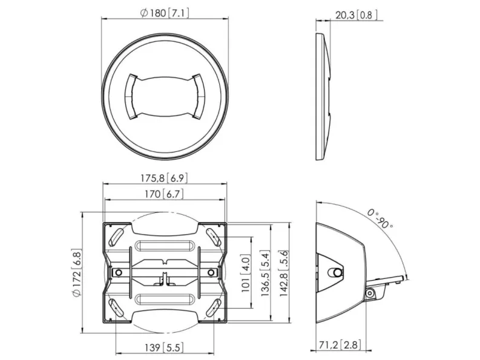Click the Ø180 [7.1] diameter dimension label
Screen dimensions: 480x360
click(x=165, y=13)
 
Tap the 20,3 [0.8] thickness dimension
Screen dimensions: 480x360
click(x=357, y=15)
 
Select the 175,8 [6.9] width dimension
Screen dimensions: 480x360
click(x=164, y=178)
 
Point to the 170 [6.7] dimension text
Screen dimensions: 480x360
click(x=165, y=194)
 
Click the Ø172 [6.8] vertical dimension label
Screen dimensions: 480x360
click(x=76, y=273)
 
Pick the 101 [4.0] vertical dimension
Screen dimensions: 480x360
click(x=246, y=273)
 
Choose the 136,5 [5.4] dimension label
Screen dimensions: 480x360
click(x=265, y=273)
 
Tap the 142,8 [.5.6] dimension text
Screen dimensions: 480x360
click(x=284, y=273)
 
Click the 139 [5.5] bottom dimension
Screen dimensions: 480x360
click(x=165, y=347)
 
